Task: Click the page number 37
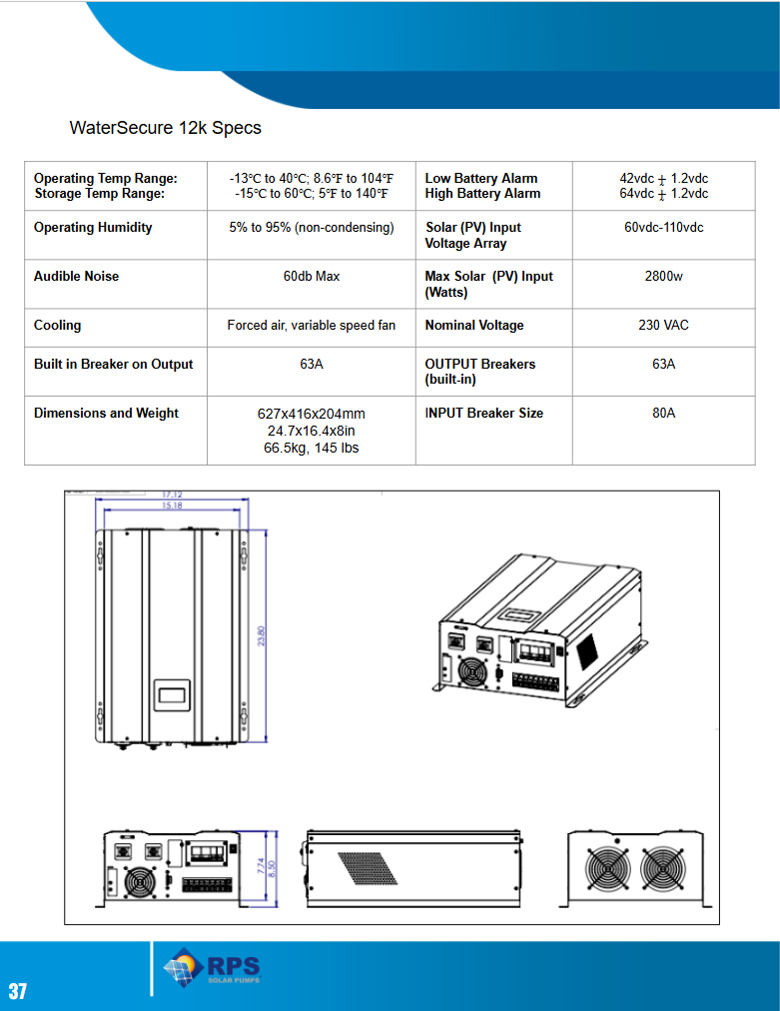point(18,991)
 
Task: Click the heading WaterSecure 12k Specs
point(165,128)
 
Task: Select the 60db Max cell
point(311,276)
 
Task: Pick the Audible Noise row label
point(76,276)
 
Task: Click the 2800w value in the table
point(663,276)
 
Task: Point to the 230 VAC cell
point(663,325)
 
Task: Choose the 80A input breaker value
point(663,413)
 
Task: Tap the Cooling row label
point(58,325)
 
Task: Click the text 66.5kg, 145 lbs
point(311,448)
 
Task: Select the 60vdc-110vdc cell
point(663,227)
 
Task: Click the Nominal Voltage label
point(473,325)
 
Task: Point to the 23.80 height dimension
point(263,636)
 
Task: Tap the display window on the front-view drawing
point(171,696)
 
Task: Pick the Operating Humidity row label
point(93,227)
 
